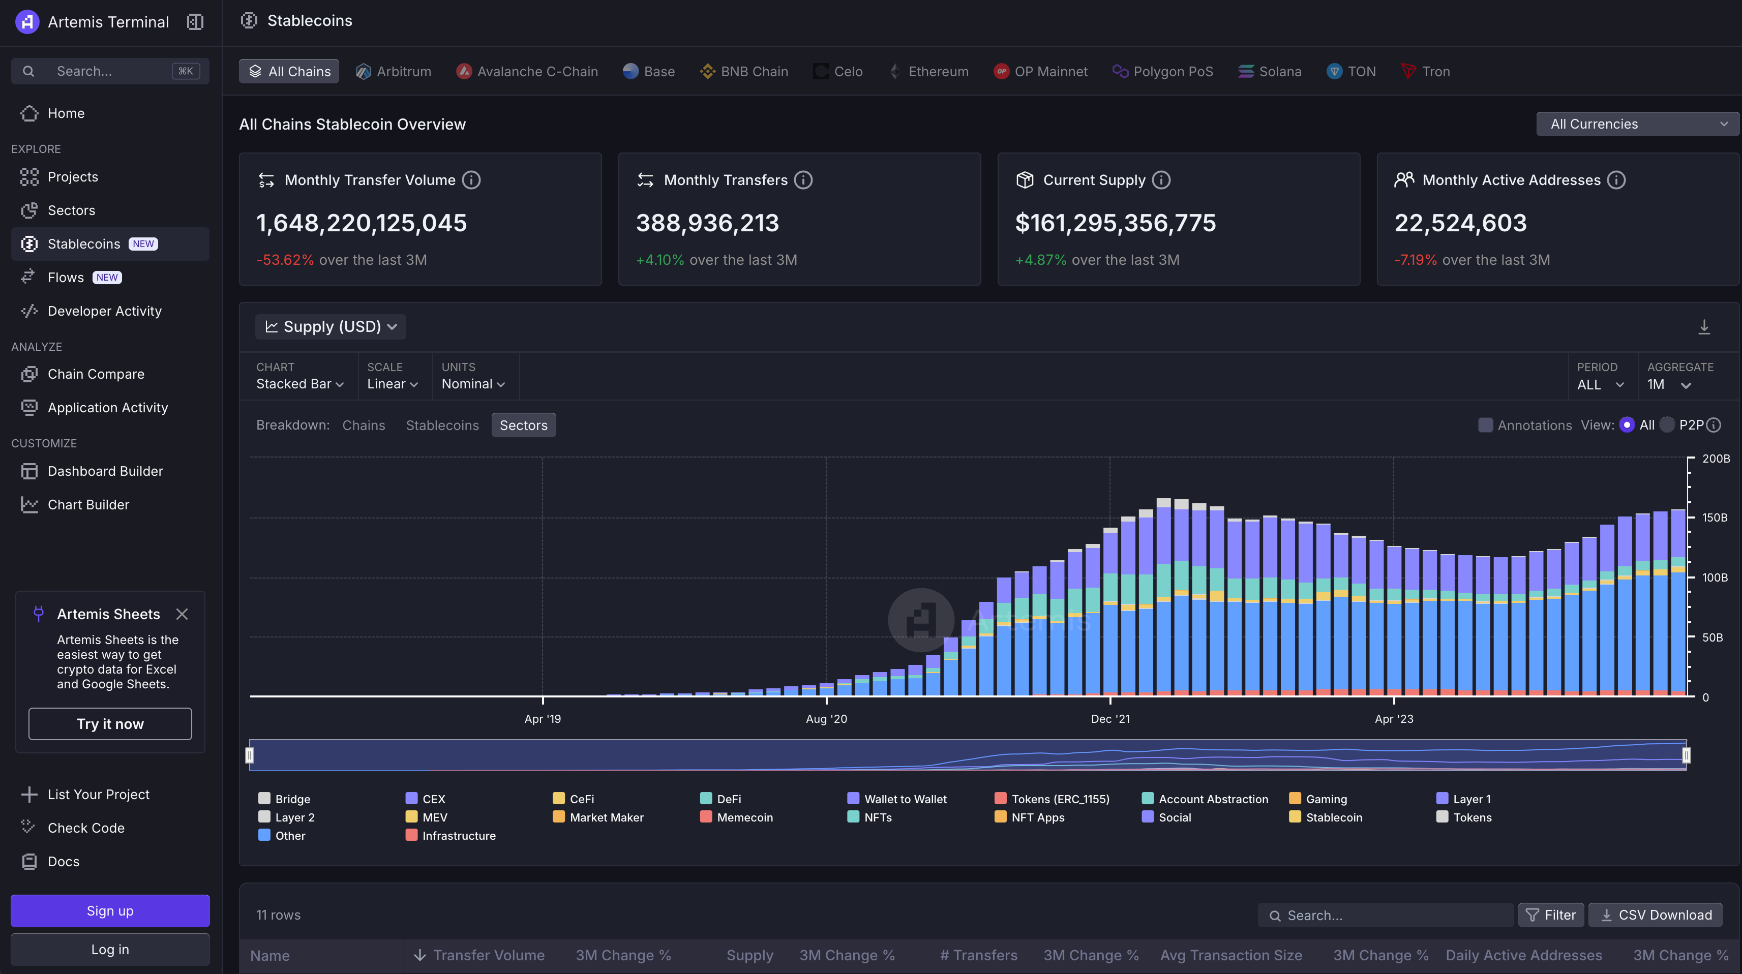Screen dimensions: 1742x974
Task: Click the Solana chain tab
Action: click(1269, 72)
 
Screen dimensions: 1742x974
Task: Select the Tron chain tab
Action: click(1426, 72)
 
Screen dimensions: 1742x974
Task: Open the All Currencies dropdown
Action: click(1637, 124)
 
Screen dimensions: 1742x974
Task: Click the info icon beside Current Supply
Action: click(1161, 180)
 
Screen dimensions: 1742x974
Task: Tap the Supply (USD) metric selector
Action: click(331, 326)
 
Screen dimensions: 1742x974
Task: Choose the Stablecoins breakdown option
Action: click(442, 425)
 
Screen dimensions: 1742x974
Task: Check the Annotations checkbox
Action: click(1485, 425)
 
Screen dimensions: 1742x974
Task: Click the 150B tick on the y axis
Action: click(1714, 518)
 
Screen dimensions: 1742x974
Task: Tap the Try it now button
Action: click(110, 724)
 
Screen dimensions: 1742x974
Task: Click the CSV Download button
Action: click(1656, 915)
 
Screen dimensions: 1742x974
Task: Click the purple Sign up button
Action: click(110, 911)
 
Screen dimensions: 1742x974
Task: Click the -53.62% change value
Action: click(285, 260)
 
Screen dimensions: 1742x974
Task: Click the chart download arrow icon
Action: click(1704, 327)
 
